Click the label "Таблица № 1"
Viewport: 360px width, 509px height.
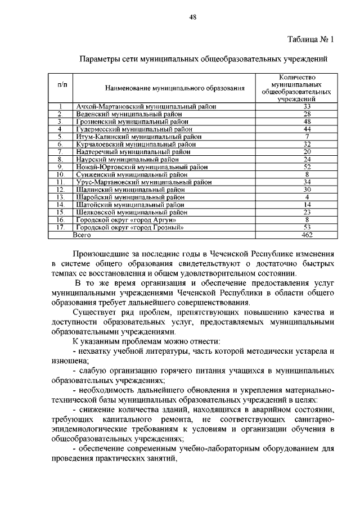pyautogui.click(x=310, y=39)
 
